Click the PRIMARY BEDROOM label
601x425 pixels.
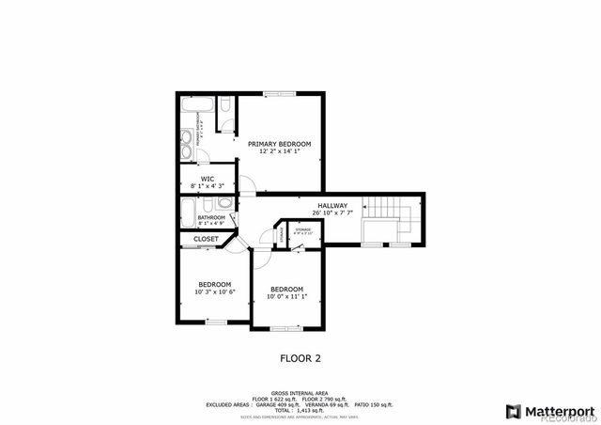pyautogui.click(x=279, y=144)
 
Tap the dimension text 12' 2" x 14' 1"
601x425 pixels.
pyautogui.click(x=279, y=151)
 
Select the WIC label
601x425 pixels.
pyautogui.click(x=208, y=178)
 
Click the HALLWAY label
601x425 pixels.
pyautogui.click(x=332, y=206)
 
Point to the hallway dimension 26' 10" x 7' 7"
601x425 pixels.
pyautogui.click(x=332, y=213)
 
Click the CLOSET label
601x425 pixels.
pyautogui.click(x=206, y=239)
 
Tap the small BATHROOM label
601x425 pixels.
pyautogui.click(x=211, y=217)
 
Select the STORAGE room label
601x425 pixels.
pyautogui.click(x=302, y=228)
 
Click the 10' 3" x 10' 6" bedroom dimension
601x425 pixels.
pyautogui.click(x=214, y=291)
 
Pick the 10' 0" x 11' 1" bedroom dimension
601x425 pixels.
pyautogui.click(x=286, y=296)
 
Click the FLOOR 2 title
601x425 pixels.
pyautogui.click(x=300, y=357)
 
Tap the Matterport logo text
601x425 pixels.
pyautogui.click(x=558, y=411)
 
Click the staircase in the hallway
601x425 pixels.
pyautogui.click(x=385, y=212)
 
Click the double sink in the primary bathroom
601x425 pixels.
pyautogui.click(x=186, y=147)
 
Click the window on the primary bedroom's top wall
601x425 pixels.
pyautogui.click(x=279, y=93)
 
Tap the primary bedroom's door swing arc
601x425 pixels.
pyautogui.click(x=245, y=183)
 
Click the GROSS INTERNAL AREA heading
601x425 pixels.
pyautogui.click(x=300, y=392)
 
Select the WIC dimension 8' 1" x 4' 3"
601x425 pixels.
pyautogui.click(x=208, y=185)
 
